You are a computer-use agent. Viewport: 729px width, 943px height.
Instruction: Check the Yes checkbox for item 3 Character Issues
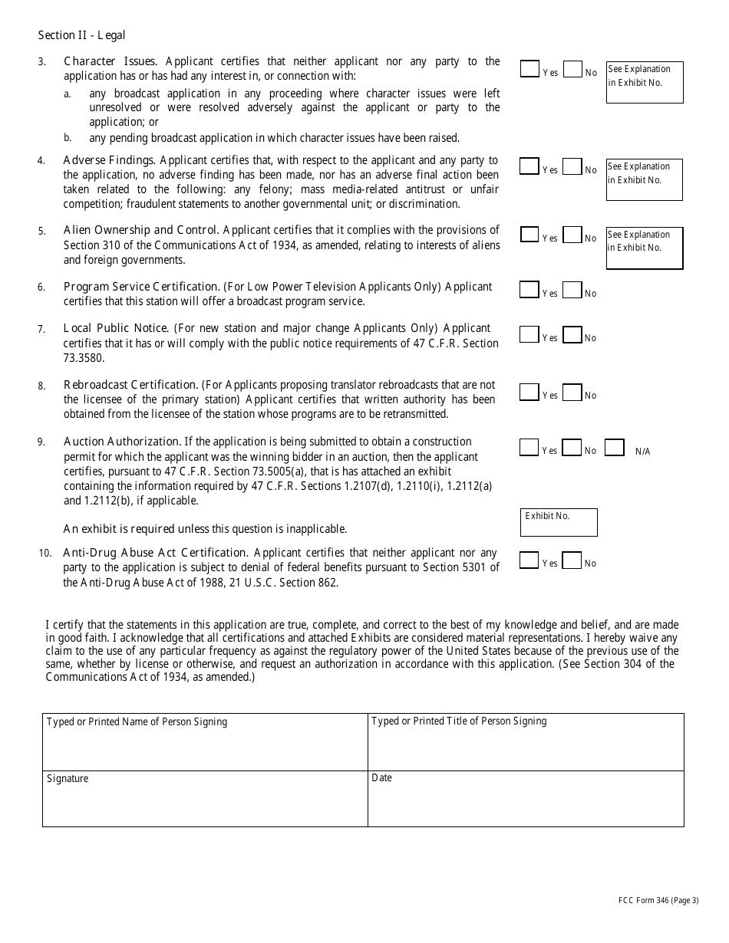[x=529, y=69]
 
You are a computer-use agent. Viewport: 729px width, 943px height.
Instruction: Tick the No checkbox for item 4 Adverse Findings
[x=572, y=166]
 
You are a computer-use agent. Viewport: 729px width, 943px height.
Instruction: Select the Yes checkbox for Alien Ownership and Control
[x=529, y=235]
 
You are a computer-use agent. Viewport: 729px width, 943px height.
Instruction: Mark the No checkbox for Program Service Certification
[x=572, y=290]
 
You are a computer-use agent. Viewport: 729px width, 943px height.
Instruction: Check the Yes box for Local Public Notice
[x=529, y=334]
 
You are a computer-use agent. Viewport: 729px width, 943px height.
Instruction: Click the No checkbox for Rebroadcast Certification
[x=572, y=392]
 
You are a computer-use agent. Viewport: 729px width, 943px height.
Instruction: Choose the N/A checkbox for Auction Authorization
[x=614, y=448]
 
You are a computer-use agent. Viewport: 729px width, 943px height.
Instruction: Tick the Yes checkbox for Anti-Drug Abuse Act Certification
[x=529, y=560]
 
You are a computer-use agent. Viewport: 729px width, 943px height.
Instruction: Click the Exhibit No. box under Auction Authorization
[x=559, y=522]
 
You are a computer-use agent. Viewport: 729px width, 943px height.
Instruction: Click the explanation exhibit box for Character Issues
[x=645, y=82]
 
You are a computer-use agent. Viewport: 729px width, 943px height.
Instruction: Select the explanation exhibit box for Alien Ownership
[x=645, y=248]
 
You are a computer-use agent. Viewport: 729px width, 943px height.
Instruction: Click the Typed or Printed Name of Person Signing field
[x=205, y=742]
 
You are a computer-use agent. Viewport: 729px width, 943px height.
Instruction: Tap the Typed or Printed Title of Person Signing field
[x=526, y=742]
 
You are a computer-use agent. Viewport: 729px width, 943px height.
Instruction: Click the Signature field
[x=205, y=799]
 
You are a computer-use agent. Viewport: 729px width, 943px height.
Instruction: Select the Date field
[x=526, y=799]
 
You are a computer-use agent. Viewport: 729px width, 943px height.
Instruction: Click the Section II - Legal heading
[x=81, y=35]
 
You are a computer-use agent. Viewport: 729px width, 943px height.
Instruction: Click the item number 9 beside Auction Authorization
[x=41, y=442]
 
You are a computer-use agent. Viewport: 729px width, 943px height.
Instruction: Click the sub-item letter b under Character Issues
[x=68, y=138]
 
